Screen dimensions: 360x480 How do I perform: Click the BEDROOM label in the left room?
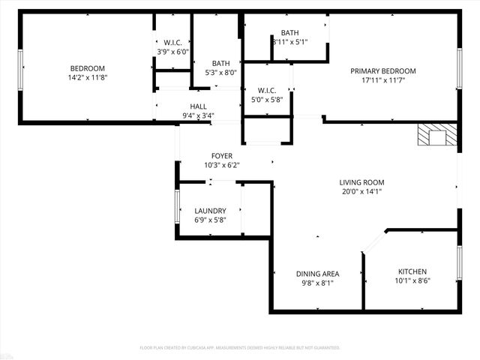pyautogui.click(x=87, y=68)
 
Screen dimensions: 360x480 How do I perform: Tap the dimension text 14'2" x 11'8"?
pyautogui.click(x=87, y=77)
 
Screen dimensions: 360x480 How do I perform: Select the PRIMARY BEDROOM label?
pyautogui.click(x=382, y=71)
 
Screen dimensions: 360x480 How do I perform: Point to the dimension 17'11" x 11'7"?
pyautogui.click(x=382, y=80)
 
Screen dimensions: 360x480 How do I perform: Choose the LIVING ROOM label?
pyautogui.click(x=361, y=182)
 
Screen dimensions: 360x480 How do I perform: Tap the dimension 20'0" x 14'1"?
pyautogui.click(x=361, y=191)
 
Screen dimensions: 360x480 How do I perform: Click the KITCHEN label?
pyautogui.click(x=412, y=271)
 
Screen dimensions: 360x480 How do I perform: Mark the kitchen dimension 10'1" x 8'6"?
pyautogui.click(x=412, y=281)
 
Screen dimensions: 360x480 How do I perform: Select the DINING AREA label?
pyautogui.click(x=317, y=274)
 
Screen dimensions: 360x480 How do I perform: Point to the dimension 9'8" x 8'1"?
pyautogui.click(x=317, y=283)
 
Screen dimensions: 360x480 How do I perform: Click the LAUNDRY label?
pyautogui.click(x=210, y=211)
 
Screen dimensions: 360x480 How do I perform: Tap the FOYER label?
pyautogui.click(x=222, y=156)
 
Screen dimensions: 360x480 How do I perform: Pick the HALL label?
pyautogui.click(x=198, y=106)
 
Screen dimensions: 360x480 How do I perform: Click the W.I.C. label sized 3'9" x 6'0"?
pyautogui.click(x=173, y=43)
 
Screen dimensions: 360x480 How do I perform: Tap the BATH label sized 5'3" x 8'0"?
pyautogui.click(x=220, y=64)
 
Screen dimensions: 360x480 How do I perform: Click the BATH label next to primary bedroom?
pyautogui.click(x=289, y=33)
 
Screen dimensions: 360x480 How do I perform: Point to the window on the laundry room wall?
pyautogui.click(x=177, y=205)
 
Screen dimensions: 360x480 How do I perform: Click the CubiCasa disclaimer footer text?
pyautogui.click(x=240, y=348)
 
